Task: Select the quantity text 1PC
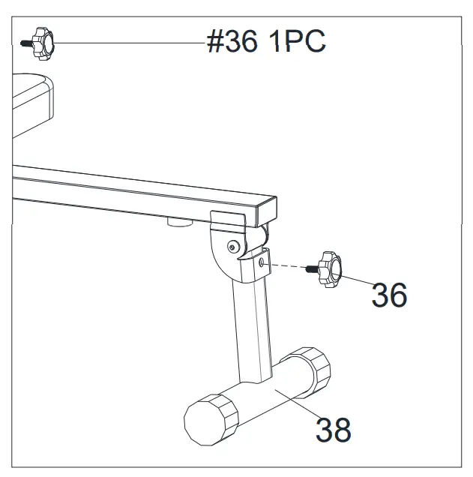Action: pos(298,43)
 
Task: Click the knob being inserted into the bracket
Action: pos(331,268)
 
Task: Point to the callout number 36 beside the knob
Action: pos(389,295)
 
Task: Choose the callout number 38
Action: pos(333,429)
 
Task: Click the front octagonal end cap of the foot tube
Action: pos(211,418)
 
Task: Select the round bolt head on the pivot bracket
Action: pos(236,245)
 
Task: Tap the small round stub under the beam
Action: pos(178,221)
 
